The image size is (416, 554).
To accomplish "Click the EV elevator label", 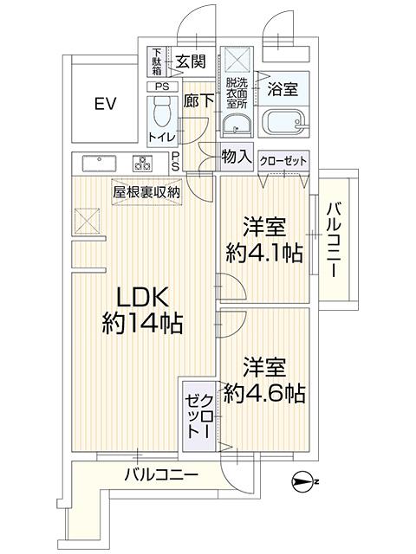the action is click(x=105, y=104).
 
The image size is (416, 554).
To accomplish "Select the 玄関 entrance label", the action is click(x=191, y=61).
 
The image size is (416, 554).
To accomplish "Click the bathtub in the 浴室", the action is click(x=283, y=123).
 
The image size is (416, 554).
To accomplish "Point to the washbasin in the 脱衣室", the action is click(x=237, y=125).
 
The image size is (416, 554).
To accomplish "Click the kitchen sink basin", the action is click(x=99, y=164).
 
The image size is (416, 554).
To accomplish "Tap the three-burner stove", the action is click(x=142, y=164).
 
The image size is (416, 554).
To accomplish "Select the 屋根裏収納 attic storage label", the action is click(x=146, y=192).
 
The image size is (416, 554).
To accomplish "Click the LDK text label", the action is click(x=142, y=298).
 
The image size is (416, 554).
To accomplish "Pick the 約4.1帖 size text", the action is click(x=264, y=253).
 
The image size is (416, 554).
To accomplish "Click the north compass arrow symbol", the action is click(x=305, y=481).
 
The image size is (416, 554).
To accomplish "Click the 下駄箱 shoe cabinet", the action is click(x=157, y=61).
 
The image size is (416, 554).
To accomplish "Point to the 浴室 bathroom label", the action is click(x=283, y=88).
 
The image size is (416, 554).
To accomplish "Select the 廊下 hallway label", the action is click(x=198, y=101).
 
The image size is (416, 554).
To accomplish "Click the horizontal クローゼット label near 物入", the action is click(x=283, y=162).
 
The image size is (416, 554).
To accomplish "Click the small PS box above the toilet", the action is click(x=162, y=87).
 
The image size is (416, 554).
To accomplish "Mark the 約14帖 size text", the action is click(x=142, y=323).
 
